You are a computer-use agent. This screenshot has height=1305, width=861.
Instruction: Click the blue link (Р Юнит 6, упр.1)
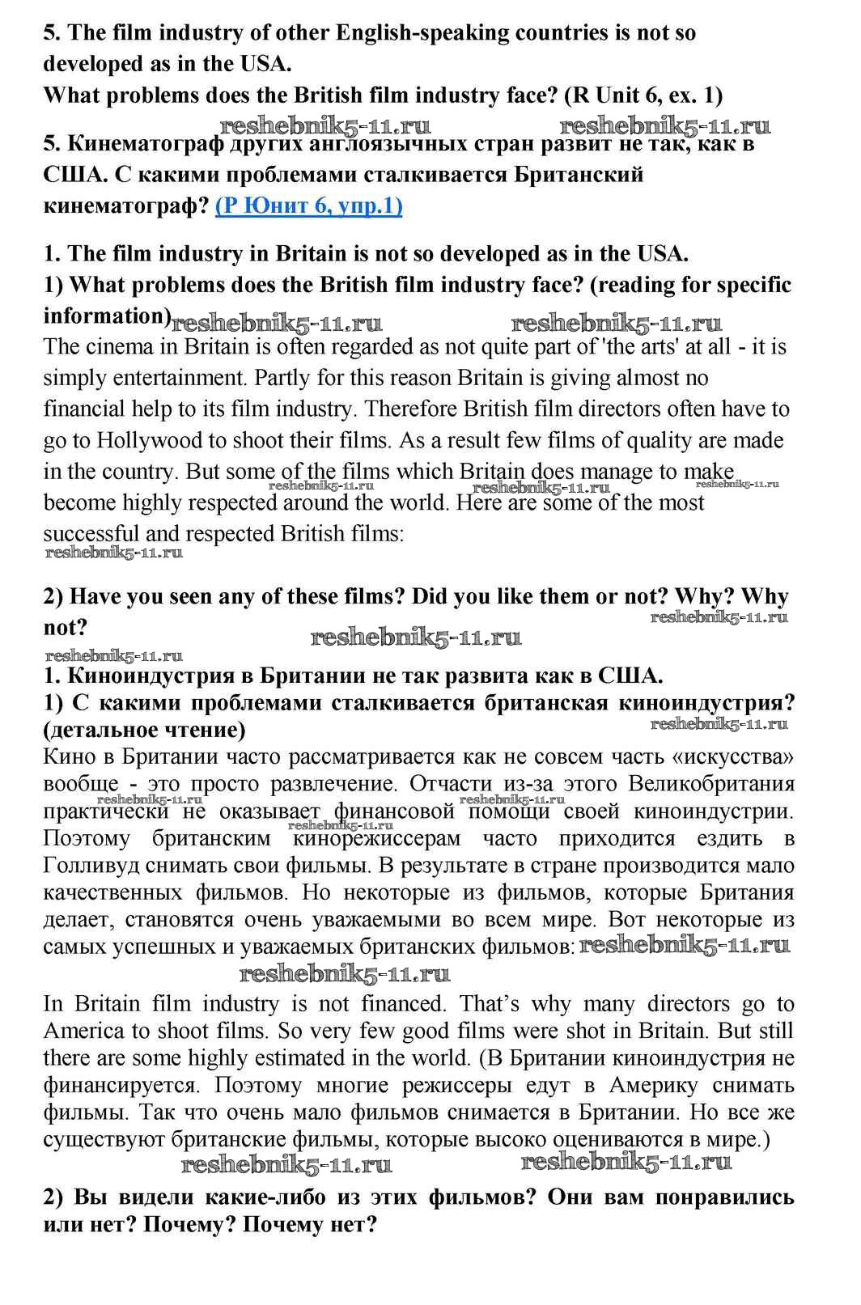tap(308, 206)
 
